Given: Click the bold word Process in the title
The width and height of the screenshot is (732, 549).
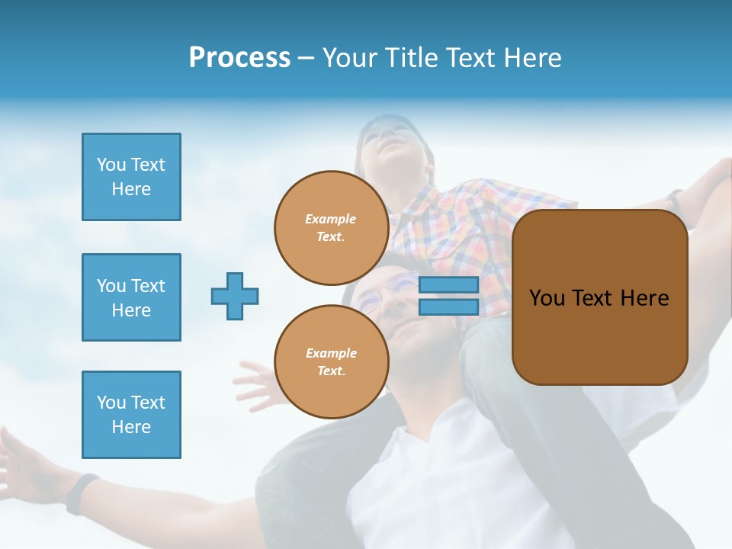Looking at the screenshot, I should [x=239, y=58].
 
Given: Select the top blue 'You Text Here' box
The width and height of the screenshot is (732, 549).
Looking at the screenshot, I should [x=131, y=177].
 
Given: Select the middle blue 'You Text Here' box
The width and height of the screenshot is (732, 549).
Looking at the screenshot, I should [x=131, y=297].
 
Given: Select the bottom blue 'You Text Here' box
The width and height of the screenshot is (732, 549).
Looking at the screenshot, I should [x=131, y=414].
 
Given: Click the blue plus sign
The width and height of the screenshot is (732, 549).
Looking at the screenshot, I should [x=235, y=296].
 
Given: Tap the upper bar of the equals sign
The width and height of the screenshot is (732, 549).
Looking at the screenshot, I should [x=448, y=285].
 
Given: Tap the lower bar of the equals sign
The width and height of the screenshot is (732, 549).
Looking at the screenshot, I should [x=448, y=307].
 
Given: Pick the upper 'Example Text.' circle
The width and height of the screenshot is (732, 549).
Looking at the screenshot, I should [x=331, y=228].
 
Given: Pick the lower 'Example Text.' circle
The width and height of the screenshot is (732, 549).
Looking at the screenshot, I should [x=331, y=362].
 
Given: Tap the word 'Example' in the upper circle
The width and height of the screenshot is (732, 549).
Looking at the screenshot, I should [x=331, y=219].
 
